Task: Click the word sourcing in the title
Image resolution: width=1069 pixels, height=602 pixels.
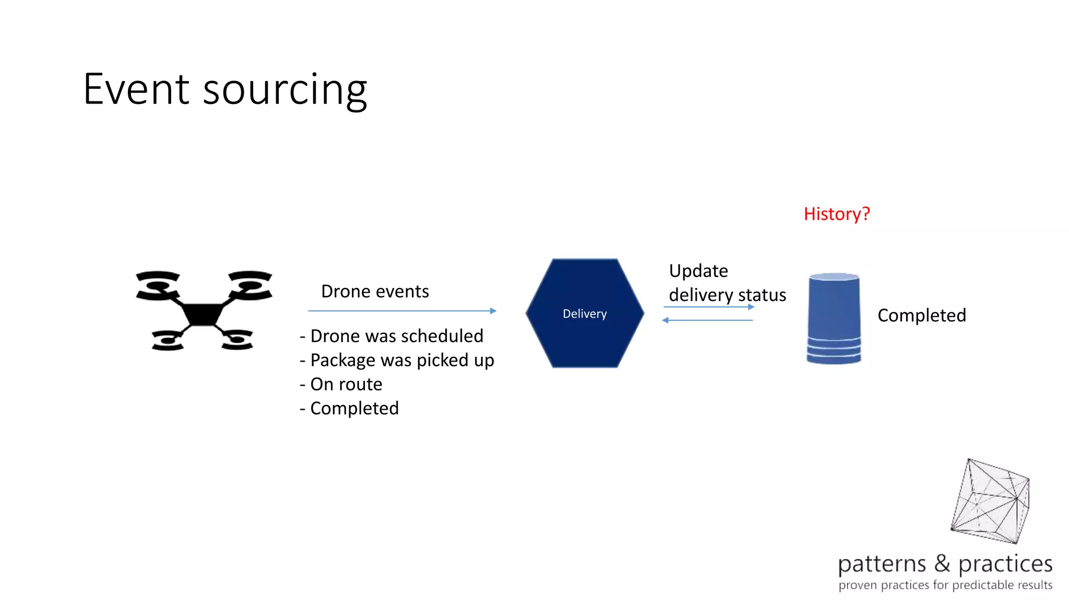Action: [x=285, y=91]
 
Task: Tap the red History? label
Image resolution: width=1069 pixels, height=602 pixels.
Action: [x=836, y=214]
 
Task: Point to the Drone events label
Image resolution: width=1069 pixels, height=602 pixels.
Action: [x=375, y=291]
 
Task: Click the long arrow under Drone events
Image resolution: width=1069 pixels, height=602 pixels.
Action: [x=402, y=311]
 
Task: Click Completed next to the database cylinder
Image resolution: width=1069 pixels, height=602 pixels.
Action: [x=922, y=315]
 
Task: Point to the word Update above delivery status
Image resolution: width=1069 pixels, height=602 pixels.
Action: [x=698, y=271]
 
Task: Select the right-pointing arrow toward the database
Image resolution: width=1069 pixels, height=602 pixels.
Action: [x=709, y=307]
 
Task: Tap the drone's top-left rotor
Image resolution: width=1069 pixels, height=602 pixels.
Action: [x=158, y=285]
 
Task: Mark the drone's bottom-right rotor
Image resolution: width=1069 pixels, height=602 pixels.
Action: [x=237, y=340]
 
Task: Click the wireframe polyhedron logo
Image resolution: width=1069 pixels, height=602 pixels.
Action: [x=990, y=502]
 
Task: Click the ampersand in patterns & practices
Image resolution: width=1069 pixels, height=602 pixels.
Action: [x=942, y=563]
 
